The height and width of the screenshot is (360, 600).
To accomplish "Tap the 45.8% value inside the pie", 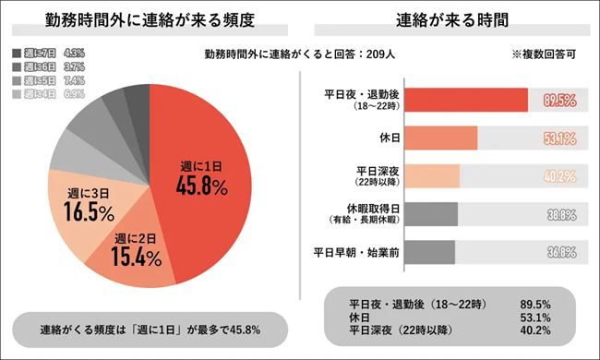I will pos(202,185).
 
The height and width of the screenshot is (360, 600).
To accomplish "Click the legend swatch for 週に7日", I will pos(16,54).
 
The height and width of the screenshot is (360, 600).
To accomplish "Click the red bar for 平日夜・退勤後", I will pos(466,100).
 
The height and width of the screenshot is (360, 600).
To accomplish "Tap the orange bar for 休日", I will pos(441,138).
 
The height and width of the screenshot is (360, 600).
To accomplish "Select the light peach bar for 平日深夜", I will pos(432,175).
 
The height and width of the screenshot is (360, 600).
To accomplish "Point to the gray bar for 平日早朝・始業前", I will pos(430,251).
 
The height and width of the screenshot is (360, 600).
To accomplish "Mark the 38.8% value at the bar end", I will pos(560,214).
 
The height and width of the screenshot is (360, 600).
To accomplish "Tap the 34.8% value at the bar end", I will pos(560,251).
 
